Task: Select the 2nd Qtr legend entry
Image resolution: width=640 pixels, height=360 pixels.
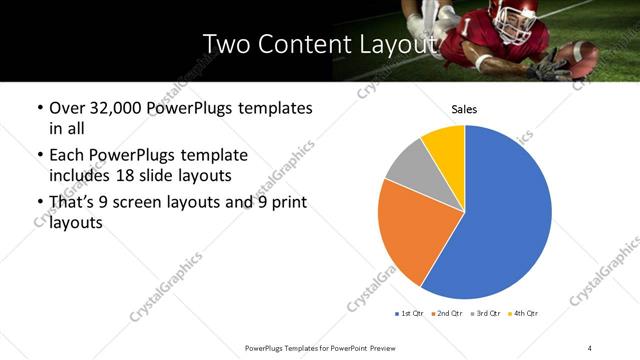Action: tap(447, 314)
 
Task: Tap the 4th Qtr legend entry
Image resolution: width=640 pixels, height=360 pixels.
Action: tap(525, 314)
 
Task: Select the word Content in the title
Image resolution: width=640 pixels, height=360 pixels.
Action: tap(299, 44)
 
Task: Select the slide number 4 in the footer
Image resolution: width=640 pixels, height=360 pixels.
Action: tap(589, 347)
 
